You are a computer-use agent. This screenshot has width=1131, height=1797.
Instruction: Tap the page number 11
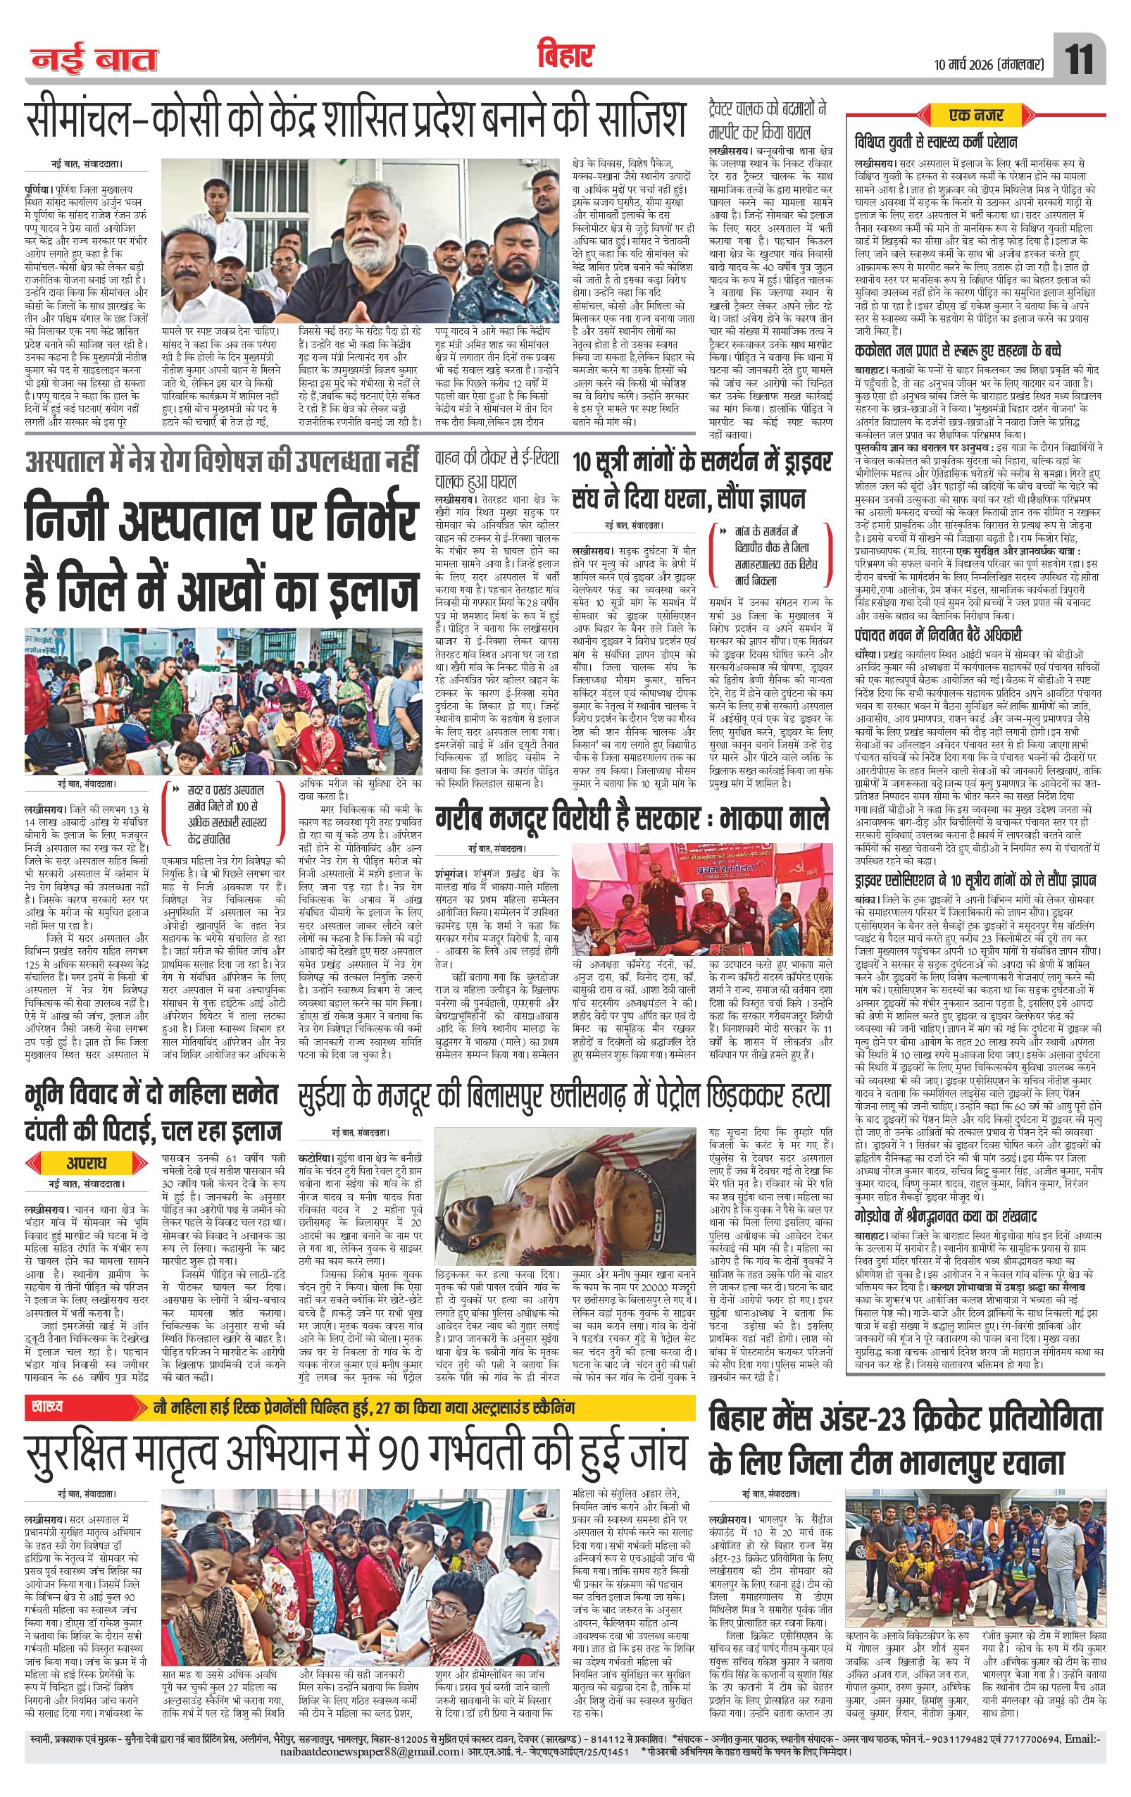point(1080,60)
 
